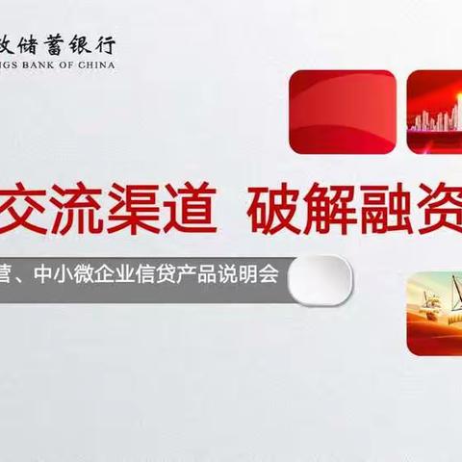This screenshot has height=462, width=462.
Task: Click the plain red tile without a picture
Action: [342, 112]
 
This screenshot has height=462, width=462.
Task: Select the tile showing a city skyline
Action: [434, 112]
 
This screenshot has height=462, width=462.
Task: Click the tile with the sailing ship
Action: [434, 314]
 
